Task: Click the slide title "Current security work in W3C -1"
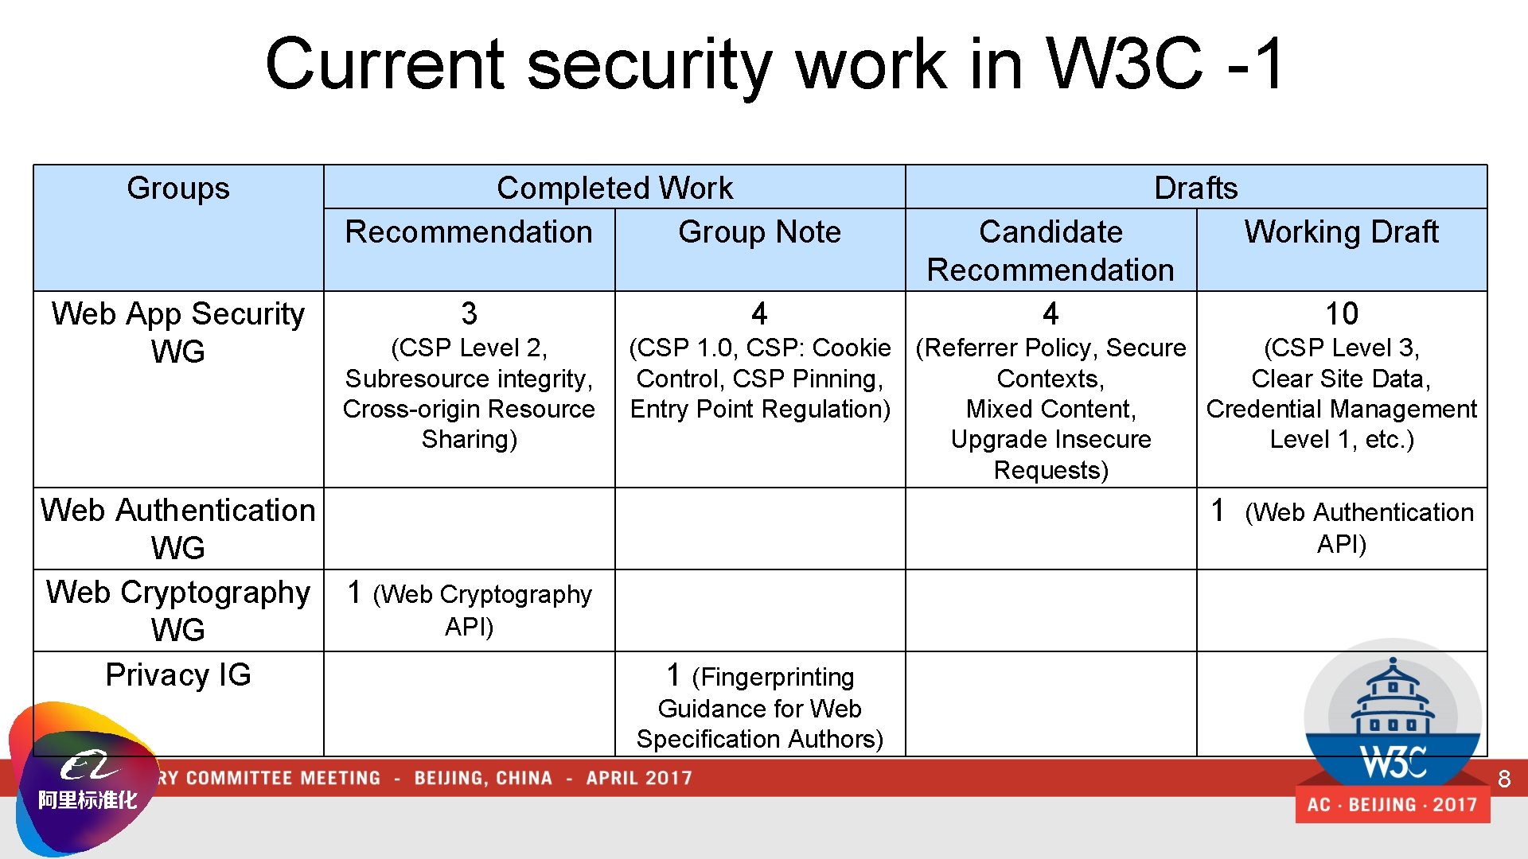(x=774, y=64)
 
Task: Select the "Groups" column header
(x=177, y=189)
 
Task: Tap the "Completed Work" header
(x=614, y=189)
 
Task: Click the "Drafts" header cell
(x=1195, y=189)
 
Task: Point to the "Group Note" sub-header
(x=759, y=232)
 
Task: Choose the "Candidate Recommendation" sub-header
(x=1050, y=251)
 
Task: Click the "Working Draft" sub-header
(x=1341, y=232)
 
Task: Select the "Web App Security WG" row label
(x=177, y=332)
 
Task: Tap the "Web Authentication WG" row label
(x=177, y=528)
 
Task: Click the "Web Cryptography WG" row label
(x=177, y=610)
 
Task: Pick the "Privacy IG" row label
(x=177, y=674)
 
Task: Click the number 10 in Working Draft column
(x=1342, y=314)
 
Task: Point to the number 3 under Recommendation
(x=469, y=314)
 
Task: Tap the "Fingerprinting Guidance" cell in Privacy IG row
(x=759, y=706)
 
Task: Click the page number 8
(x=1503, y=779)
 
